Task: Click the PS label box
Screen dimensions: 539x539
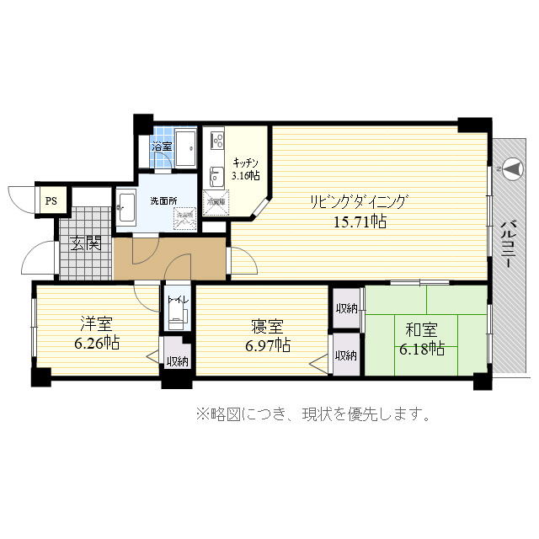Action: click(x=51, y=201)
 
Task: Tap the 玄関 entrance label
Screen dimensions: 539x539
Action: click(x=85, y=244)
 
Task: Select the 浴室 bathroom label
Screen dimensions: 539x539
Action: click(x=162, y=147)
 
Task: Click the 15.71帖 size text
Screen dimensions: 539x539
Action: click(x=359, y=221)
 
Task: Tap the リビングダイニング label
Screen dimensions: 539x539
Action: click(x=359, y=202)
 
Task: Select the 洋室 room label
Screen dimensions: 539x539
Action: click(x=94, y=324)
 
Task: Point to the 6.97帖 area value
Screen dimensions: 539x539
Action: click(x=267, y=345)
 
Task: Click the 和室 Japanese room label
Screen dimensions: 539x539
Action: click(x=419, y=328)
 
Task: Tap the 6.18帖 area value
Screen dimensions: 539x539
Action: click(x=421, y=348)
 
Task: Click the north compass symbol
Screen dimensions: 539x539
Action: click(x=510, y=169)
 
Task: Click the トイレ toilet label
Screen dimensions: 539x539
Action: click(x=177, y=301)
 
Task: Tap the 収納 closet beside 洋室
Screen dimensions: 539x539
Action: click(x=177, y=361)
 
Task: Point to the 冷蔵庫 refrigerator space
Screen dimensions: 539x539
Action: click(x=216, y=203)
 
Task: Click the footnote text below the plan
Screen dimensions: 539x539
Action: click(x=314, y=414)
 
